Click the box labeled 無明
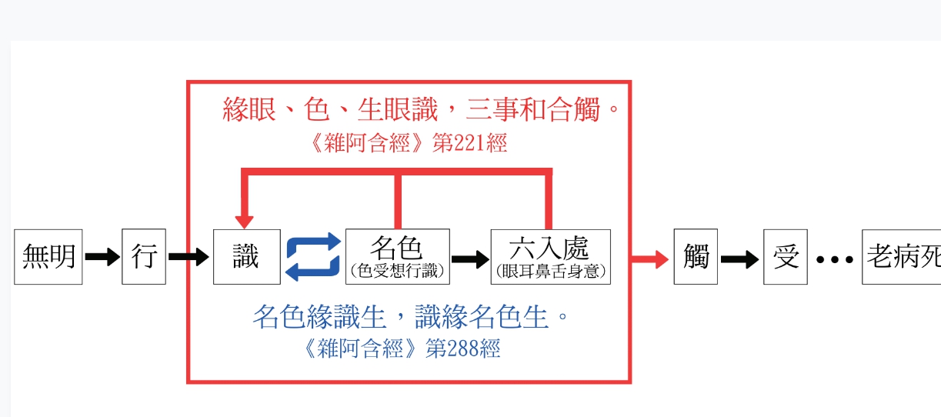tap(48, 257)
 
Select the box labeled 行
tap(144, 257)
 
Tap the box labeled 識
tap(246, 257)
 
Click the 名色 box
tap(397, 256)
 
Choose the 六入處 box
tap(550, 256)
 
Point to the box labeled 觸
tap(696, 257)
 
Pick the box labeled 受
tap(786, 257)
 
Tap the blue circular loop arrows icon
tap(313, 257)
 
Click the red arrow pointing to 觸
tap(649, 259)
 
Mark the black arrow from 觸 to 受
tap(739, 259)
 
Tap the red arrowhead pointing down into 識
tap(244, 220)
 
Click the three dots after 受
tap(834, 259)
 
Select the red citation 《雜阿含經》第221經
tap(406, 143)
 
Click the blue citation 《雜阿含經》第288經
tap(402, 349)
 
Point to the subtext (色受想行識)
tap(397, 272)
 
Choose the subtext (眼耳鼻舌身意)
tap(551, 272)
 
